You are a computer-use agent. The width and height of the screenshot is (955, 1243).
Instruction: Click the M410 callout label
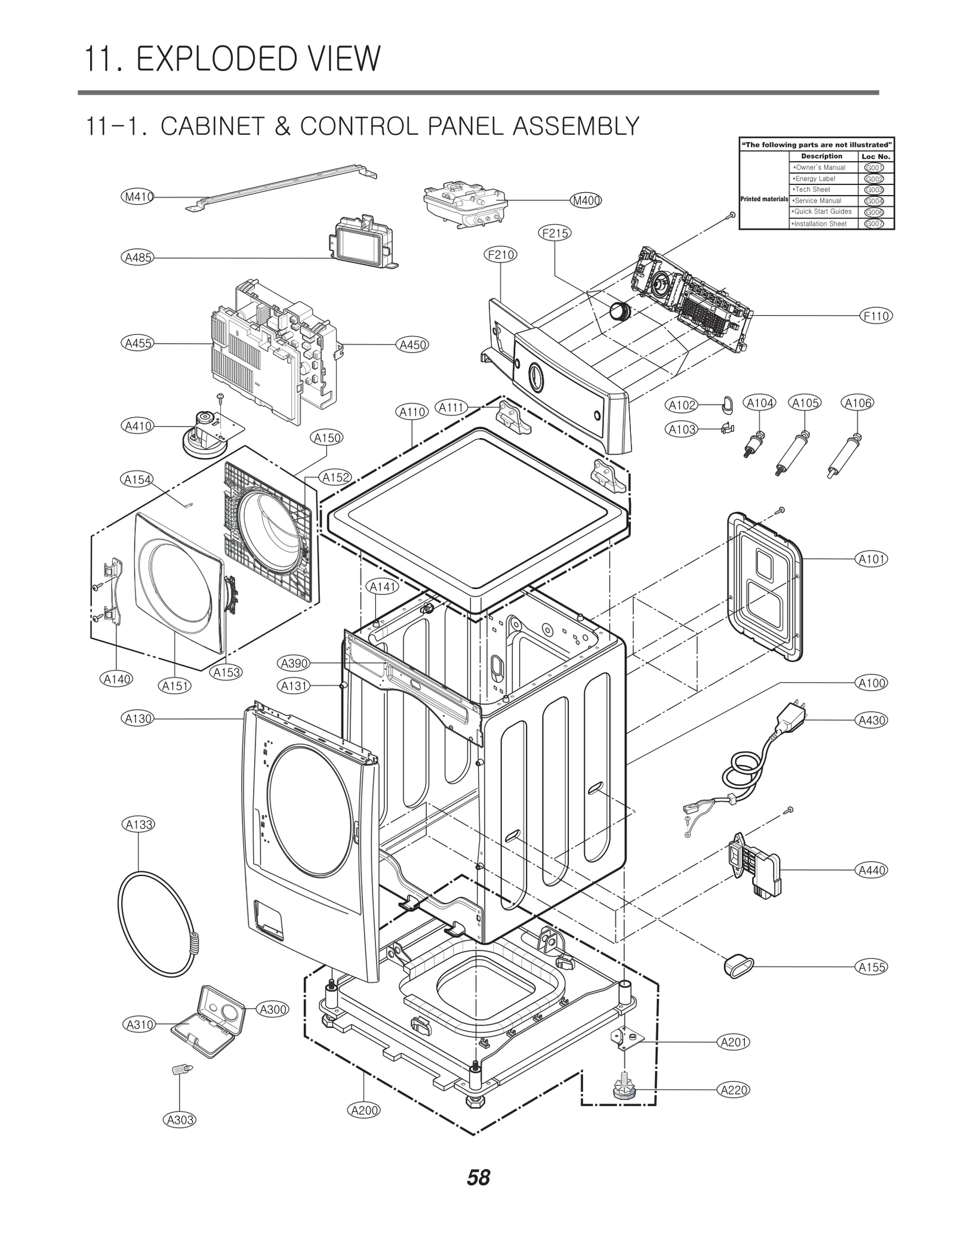click(137, 196)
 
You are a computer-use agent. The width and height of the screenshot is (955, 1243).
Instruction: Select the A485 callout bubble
click(137, 258)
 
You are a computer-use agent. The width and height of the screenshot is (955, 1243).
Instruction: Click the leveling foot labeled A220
click(624, 1090)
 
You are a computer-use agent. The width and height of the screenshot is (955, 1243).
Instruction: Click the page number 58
click(478, 1178)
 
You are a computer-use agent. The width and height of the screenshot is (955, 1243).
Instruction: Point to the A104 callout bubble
click(760, 403)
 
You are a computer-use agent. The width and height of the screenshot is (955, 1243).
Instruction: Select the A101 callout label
click(871, 559)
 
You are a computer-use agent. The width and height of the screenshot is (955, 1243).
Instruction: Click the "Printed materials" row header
click(764, 199)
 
